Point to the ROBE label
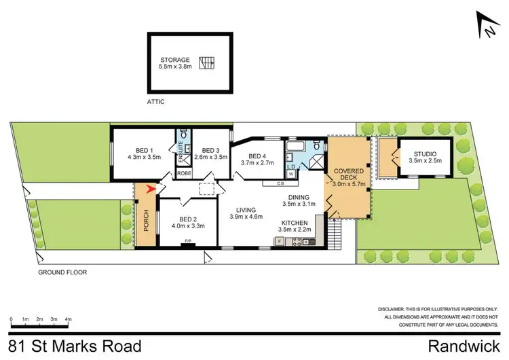tap(184, 174)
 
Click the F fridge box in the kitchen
tap(278, 241)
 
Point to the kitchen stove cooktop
tap(297, 242)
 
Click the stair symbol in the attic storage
tap(207, 65)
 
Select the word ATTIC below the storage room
tap(155, 102)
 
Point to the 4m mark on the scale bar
tap(69, 319)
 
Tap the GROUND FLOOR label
tap(63, 272)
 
